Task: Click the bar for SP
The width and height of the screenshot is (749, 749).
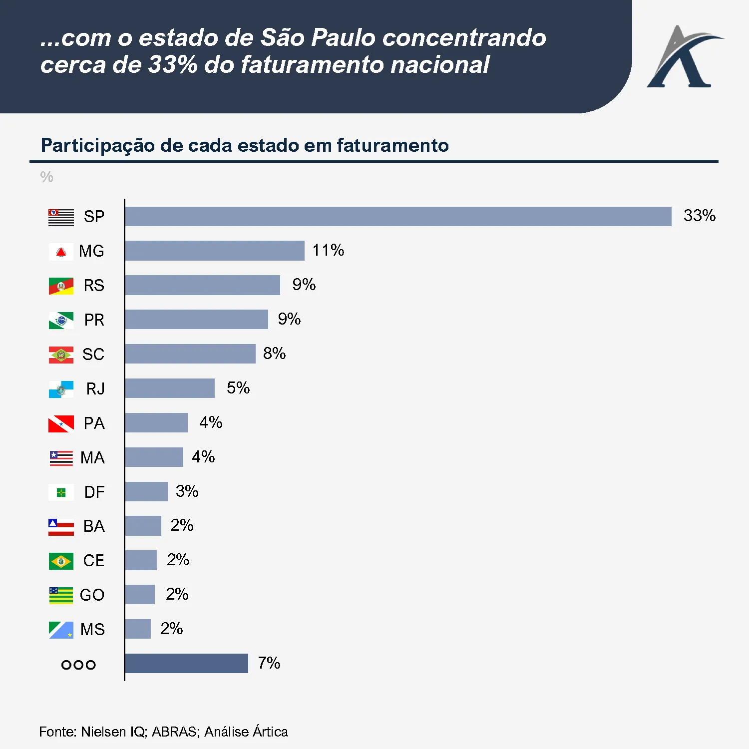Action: tap(398, 216)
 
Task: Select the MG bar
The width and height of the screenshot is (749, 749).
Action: tap(215, 251)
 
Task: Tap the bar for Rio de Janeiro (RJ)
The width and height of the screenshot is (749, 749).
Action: tap(170, 388)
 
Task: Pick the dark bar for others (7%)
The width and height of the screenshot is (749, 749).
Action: tap(186, 663)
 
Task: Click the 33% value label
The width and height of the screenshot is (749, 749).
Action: tap(699, 216)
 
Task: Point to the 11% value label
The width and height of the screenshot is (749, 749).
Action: tap(328, 250)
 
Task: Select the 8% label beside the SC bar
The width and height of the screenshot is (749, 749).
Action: tap(274, 354)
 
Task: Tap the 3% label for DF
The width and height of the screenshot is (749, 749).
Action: tap(187, 491)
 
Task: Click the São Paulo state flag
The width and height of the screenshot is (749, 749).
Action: tap(61, 217)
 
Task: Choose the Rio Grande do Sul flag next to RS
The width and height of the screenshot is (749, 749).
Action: tap(61, 286)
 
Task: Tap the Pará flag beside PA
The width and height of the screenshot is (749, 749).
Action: tap(61, 424)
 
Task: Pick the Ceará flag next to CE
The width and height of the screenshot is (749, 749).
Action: tap(61, 561)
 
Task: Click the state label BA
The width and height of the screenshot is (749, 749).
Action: tap(94, 526)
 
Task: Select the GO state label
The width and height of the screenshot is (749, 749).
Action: tap(92, 595)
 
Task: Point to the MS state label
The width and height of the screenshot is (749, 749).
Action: tap(92, 630)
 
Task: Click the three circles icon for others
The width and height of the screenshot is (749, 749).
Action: tap(78, 665)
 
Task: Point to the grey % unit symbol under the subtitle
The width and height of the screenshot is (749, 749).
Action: tap(46, 177)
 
